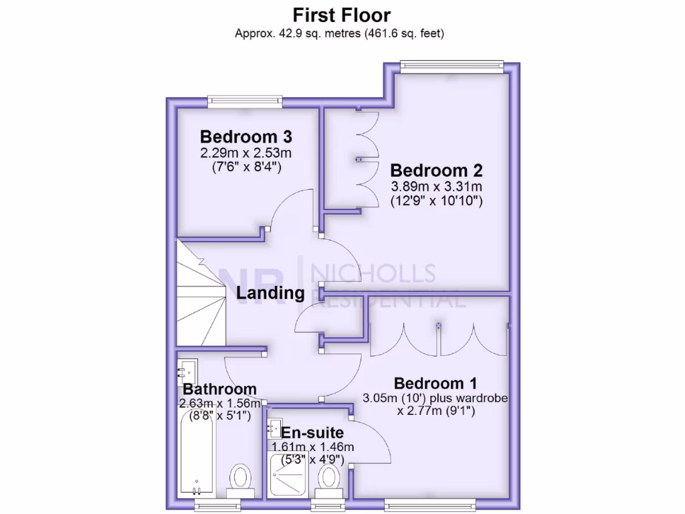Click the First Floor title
pyautogui.click(x=341, y=15)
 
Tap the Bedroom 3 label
pyautogui.click(x=246, y=137)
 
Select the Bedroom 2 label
pyautogui.click(x=436, y=170)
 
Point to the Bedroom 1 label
pyautogui.click(x=435, y=383)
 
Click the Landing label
pyautogui.click(x=270, y=293)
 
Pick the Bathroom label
pyautogui.click(x=220, y=389)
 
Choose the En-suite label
pyautogui.click(x=312, y=432)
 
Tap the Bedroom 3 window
pyautogui.click(x=244, y=101)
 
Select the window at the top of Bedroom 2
pyautogui.click(x=452, y=64)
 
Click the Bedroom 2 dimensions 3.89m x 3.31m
pyautogui.click(x=436, y=187)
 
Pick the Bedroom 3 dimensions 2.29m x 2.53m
pyautogui.click(x=246, y=153)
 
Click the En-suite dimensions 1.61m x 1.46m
pyautogui.click(x=312, y=446)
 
